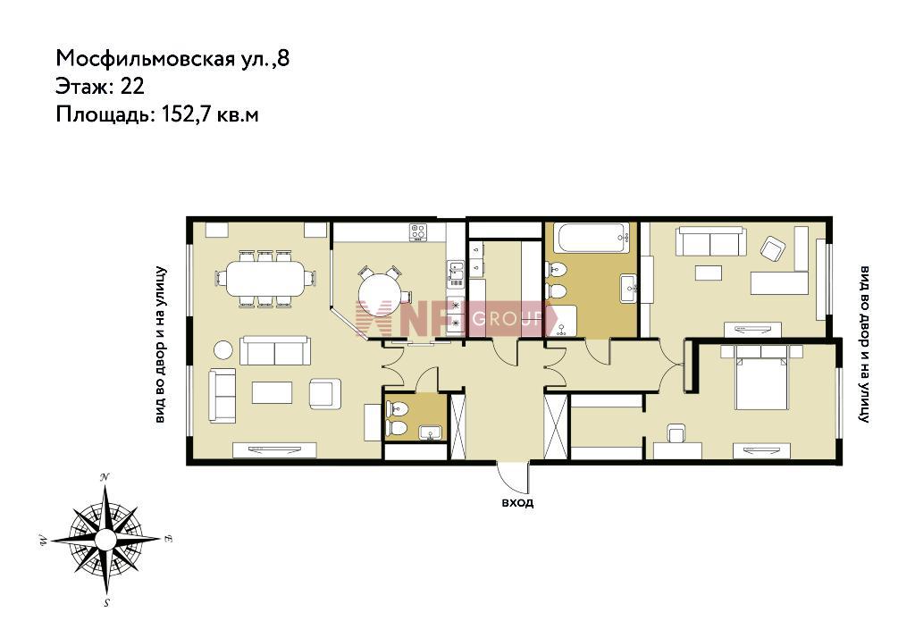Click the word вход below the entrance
click(517, 502)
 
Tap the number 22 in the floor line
click(132, 87)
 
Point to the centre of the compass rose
click(105, 540)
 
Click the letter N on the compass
click(105, 477)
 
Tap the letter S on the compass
click(107, 603)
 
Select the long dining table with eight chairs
click(265, 278)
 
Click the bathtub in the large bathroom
click(592, 238)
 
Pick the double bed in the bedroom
click(761, 377)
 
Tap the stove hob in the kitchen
click(418, 231)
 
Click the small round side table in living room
click(222, 349)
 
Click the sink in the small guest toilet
click(431, 432)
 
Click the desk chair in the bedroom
click(677, 432)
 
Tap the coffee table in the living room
click(272, 392)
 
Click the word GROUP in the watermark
click(507, 319)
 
